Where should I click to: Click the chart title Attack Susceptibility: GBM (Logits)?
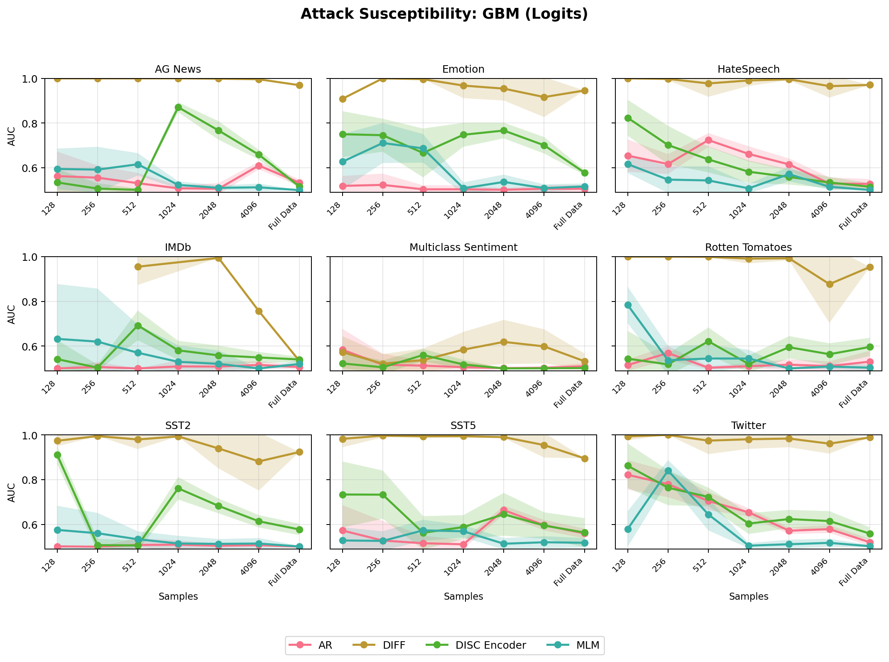tap(444, 14)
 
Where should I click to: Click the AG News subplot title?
tap(178, 69)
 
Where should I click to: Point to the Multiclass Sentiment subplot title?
tap(463, 248)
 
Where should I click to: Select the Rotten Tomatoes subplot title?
tap(748, 248)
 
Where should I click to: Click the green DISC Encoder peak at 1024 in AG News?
tap(178, 107)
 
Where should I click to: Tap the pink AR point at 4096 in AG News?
tap(259, 166)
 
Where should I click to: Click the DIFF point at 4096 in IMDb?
tap(259, 311)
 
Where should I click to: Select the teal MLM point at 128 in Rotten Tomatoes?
tap(628, 305)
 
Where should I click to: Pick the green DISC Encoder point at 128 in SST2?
tap(57, 455)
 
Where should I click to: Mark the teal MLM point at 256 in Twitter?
tap(668, 471)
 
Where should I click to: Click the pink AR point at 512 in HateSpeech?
tap(708, 140)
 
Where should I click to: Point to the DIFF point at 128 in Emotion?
tap(343, 99)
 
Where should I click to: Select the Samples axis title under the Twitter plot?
tap(748, 596)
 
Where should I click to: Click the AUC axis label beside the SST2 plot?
tap(12, 492)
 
